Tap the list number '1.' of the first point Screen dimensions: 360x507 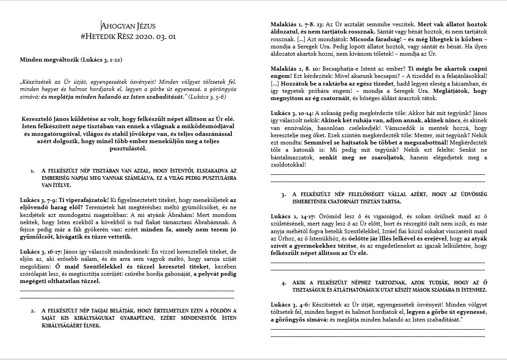tap(33, 171)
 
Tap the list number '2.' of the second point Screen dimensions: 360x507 tap(33, 311)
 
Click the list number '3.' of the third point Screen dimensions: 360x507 tap(283, 194)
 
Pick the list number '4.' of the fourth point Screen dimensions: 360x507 tap(283, 283)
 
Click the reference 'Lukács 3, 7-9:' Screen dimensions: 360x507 tap(37, 200)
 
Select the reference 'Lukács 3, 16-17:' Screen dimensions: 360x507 tap(41, 251)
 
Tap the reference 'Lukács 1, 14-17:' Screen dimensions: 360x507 tap(293, 216)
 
